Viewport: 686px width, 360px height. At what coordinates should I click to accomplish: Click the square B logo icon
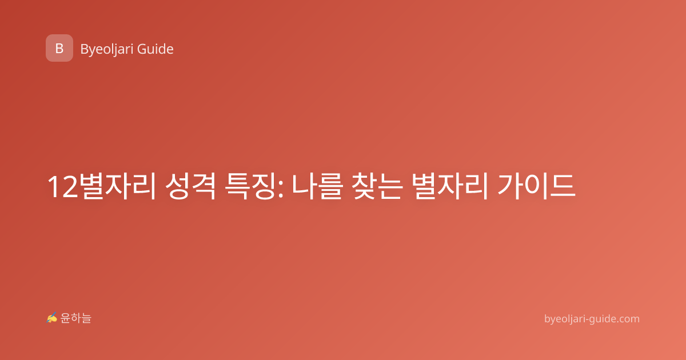[59, 48]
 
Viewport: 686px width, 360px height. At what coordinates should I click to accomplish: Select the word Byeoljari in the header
[106, 50]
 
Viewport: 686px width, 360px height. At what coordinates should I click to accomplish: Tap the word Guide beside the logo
[155, 49]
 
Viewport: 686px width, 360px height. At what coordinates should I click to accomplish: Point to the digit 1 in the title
[54, 187]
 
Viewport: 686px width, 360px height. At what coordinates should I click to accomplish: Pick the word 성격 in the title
[190, 186]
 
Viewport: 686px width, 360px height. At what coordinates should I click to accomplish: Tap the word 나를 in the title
[316, 186]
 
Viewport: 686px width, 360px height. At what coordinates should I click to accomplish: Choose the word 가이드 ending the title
[537, 186]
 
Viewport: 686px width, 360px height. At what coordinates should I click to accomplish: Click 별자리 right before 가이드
[449, 186]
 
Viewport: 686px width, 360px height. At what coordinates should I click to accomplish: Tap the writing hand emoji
[52, 318]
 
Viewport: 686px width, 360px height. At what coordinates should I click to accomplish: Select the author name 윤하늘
[75, 318]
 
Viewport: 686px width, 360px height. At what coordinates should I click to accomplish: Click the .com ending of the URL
[628, 319]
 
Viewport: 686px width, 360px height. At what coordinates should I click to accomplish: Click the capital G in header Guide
[142, 49]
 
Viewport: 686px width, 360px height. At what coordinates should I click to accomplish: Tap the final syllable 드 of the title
[563, 186]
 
